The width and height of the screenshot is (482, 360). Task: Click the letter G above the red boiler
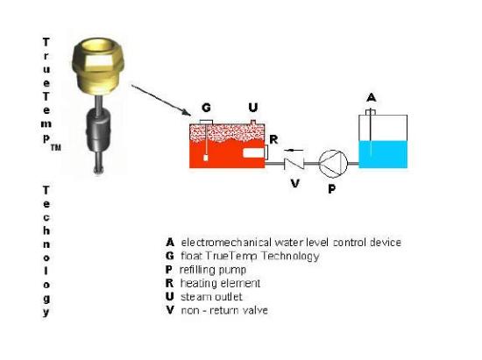click(x=206, y=108)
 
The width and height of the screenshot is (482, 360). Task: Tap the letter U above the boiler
click(x=253, y=108)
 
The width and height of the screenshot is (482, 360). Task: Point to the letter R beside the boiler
click(x=273, y=140)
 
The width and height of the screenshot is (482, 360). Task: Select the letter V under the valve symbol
click(x=295, y=183)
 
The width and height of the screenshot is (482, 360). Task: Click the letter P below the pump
click(x=331, y=189)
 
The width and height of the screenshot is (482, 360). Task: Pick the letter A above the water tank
click(x=372, y=98)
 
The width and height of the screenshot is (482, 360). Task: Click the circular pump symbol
click(x=333, y=164)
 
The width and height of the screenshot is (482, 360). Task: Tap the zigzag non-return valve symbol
click(x=294, y=164)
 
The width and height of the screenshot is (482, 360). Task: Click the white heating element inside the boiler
click(x=254, y=153)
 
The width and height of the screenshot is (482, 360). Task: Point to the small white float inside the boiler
click(x=206, y=159)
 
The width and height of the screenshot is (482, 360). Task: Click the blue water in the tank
click(x=383, y=154)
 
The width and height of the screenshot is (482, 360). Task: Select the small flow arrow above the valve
click(x=294, y=150)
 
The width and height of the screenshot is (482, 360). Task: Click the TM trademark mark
click(x=55, y=148)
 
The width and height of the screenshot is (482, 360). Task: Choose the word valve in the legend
click(x=255, y=310)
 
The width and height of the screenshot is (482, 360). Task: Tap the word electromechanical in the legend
click(x=226, y=243)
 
